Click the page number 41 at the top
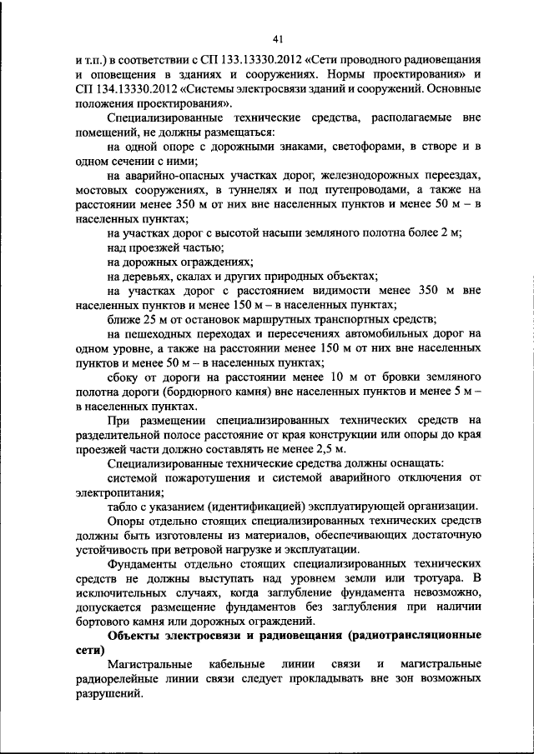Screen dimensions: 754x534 click(x=279, y=36)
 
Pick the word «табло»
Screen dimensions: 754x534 click(x=124, y=507)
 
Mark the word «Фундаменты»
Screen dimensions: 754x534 click(x=144, y=565)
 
